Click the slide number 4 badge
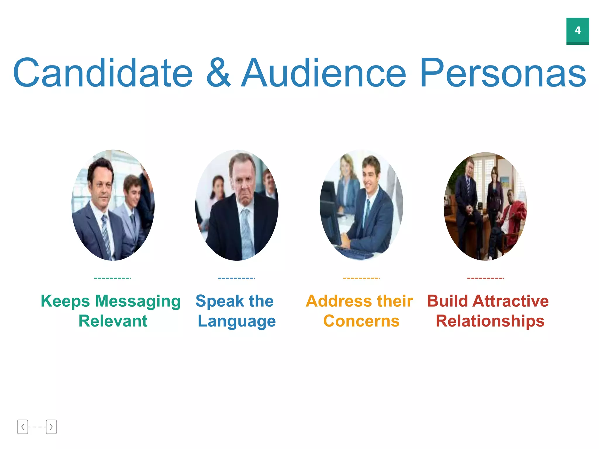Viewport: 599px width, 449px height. point(577,31)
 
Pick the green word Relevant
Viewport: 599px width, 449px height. point(113,321)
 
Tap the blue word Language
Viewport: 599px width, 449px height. point(237,321)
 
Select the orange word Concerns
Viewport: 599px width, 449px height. point(361,321)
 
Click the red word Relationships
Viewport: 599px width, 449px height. point(490,321)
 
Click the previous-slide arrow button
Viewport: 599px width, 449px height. point(23,427)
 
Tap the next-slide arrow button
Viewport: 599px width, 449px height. point(51,427)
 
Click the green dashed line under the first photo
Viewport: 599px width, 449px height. point(112,278)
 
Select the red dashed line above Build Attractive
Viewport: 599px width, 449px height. point(485,278)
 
